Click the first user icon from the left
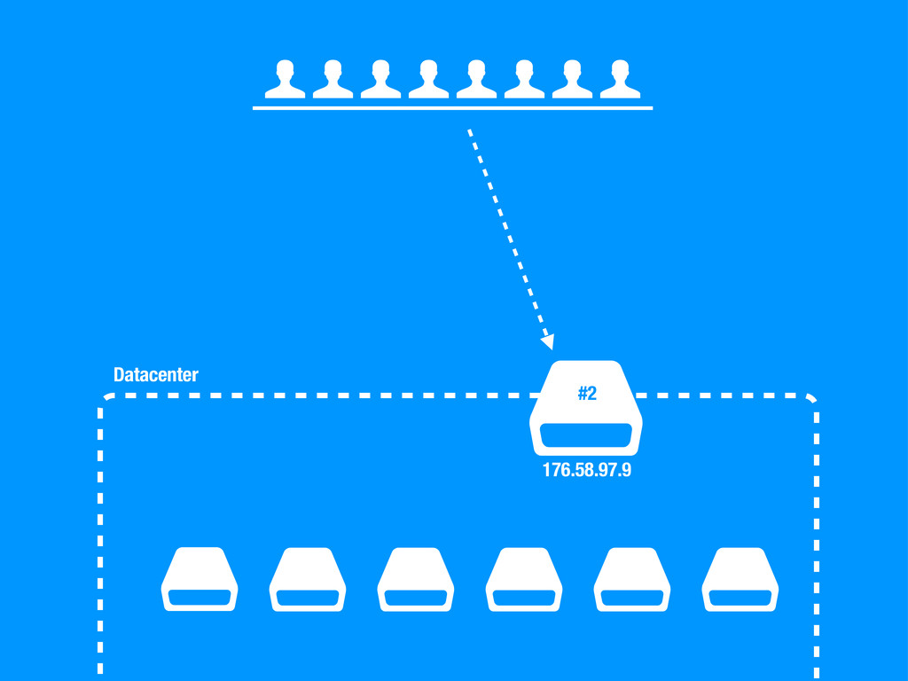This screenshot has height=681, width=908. (x=285, y=80)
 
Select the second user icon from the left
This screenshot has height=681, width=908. (x=333, y=80)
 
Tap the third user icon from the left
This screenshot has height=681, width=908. (x=380, y=80)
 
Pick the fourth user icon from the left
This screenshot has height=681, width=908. (x=428, y=80)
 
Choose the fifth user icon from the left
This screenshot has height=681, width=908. (x=476, y=80)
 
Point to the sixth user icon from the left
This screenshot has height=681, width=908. (x=524, y=80)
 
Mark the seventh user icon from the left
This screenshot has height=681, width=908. (x=572, y=80)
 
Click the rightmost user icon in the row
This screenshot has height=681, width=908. (x=620, y=80)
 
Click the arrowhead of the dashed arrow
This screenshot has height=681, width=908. (x=548, y=340)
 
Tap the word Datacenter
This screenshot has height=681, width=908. (x=156, y=375)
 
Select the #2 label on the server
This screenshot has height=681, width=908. (x=587, y=394)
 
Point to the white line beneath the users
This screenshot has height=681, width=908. (x=452, y=107)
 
